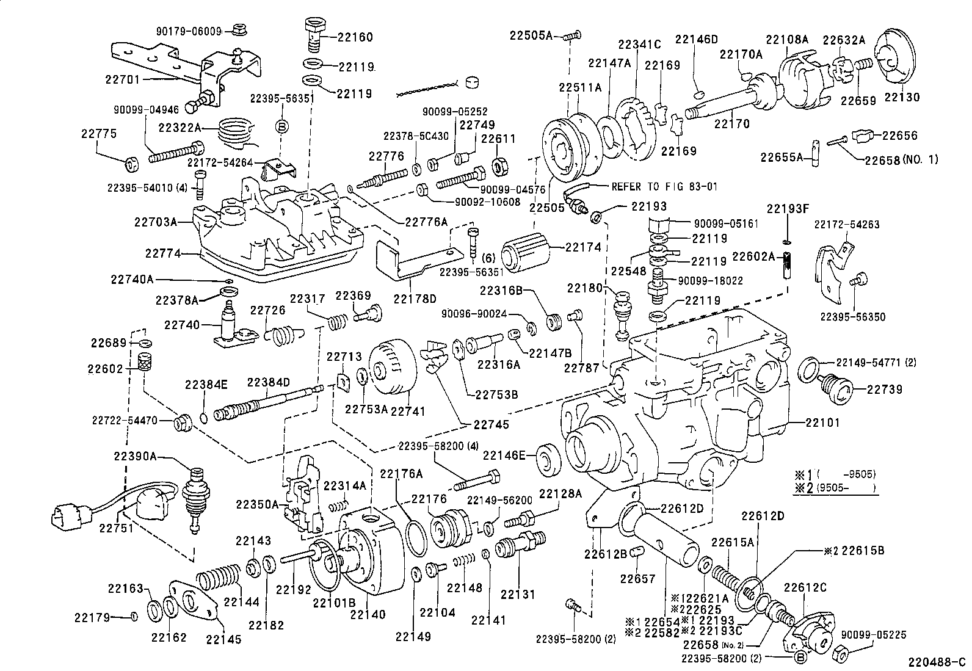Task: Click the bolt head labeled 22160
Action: (x=314, y=27)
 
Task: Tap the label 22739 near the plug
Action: (x=885, y=390)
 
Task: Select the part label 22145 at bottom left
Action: (x=223, y=639)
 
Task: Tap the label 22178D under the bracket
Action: (x=415, y=299)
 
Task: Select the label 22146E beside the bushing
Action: (x=504, y=455)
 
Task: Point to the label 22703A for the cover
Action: (x=156, y=222)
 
